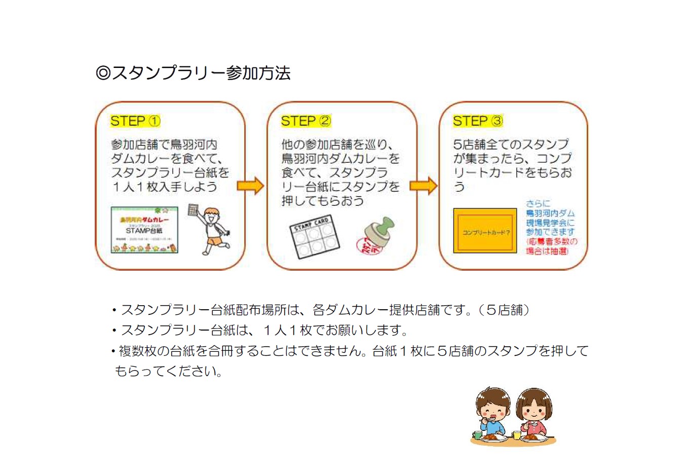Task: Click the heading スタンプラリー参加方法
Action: (193, 73)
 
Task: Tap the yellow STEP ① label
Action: (135, 121)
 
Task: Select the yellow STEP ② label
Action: (306, 121)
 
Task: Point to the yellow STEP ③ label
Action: (478, 121)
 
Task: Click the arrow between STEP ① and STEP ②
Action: (251, 186)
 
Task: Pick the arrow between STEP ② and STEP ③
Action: (424, 186)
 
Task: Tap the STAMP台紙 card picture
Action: (144, 230)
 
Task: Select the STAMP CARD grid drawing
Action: (315, 237)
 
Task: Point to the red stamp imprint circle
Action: (368, 245)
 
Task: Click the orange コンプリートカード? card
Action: (485, 231)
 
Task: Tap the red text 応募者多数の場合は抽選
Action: (551, 246)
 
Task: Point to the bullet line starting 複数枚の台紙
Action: (350, 351)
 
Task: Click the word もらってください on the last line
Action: (168, 371)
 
